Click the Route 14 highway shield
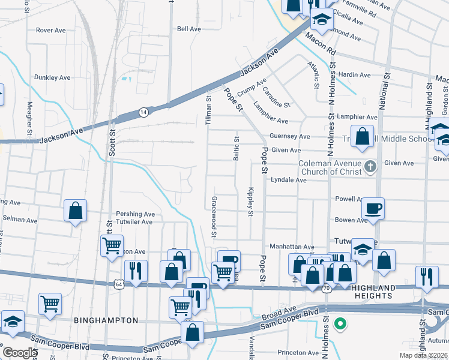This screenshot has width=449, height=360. [x=143, y=112]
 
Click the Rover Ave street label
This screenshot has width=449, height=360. [x=50, y=29]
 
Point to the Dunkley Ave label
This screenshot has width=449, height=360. [x=53, y=77]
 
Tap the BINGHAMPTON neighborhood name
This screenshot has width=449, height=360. [x=106, y=320]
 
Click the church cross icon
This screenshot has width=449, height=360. [x=371, y=167]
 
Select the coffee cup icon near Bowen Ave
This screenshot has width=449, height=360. [x=373, y=209]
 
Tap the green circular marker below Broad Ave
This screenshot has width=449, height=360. [x=340, y=325]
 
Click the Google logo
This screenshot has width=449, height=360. [x=20, y=352]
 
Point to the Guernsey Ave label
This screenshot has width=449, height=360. [x=289, y=136]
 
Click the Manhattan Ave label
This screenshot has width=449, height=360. [x=292, y=247]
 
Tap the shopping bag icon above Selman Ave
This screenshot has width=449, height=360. [x=75, y=211]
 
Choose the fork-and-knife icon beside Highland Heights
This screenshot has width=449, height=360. [x=426, y=275]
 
